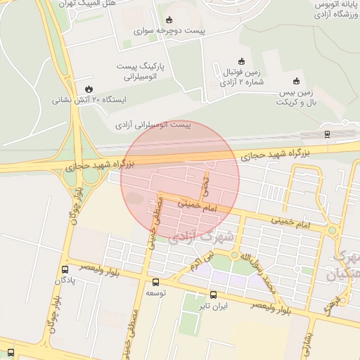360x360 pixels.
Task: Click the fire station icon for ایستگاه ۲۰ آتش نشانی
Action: [89, 89]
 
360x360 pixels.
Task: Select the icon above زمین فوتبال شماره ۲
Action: [242, 60]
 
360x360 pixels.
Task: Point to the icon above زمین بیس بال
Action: [296, 81]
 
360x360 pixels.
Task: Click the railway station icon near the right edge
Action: [328, 134]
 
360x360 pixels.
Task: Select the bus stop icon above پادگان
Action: [65, 269]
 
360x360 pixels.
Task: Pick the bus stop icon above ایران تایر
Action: [214, 296]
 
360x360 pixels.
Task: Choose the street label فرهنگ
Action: [331, 304]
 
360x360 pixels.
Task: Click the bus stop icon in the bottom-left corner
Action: [11, 352]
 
